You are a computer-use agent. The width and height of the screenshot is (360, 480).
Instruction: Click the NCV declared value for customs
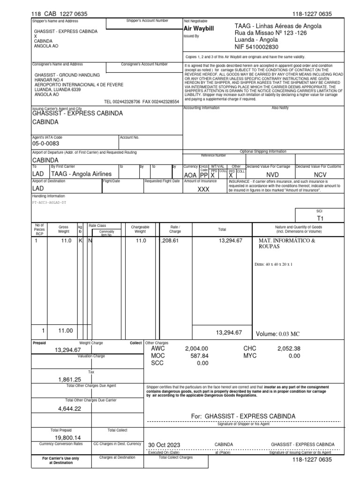[x=320, y=174]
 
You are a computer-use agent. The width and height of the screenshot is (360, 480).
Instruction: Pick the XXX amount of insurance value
[x=203, y=189]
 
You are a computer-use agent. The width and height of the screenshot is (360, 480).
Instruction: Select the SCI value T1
[x=320, y=218]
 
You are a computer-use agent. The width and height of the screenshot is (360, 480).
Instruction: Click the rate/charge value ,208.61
[x=170, y=240]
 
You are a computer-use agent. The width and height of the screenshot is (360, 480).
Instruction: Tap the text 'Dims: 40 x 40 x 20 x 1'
[x=273, y=264]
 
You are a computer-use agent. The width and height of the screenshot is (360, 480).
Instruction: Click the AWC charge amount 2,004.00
[x=196, y=349]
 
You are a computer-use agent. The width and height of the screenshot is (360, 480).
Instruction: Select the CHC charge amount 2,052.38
[x=289, y=349]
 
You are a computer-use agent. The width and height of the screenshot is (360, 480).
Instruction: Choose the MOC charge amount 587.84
[x=199, y=356]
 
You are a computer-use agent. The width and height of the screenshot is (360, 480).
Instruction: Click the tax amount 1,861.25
[x=70, y=379]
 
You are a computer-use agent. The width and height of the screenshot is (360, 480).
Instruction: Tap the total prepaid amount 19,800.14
[x=68, y=436]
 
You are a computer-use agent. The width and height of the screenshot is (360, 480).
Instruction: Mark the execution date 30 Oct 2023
[x=164, y=444]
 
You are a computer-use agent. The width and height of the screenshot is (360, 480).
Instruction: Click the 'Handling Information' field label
[x=48, y=196]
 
